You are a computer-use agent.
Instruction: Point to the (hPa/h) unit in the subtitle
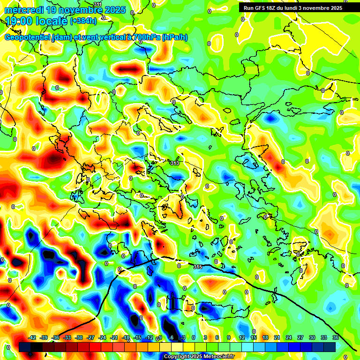coord(175,37)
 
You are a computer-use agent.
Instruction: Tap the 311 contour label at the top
coord(97,4)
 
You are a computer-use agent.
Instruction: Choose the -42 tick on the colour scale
coord(32,337)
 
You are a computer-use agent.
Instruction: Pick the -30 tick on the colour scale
coord(79,337)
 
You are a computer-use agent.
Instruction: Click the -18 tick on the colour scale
coord(126,337)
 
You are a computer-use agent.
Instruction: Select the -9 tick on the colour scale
coord(159,337)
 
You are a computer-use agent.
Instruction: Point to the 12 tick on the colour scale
coord(241,337)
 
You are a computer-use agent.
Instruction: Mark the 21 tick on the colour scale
coord(277,337)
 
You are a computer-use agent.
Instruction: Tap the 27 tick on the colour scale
coord(300,337)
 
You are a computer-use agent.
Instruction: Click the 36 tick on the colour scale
coord(335,337)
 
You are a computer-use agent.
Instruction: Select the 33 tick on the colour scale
coord(323,337)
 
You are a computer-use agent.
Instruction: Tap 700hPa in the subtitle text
coord(145,37)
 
